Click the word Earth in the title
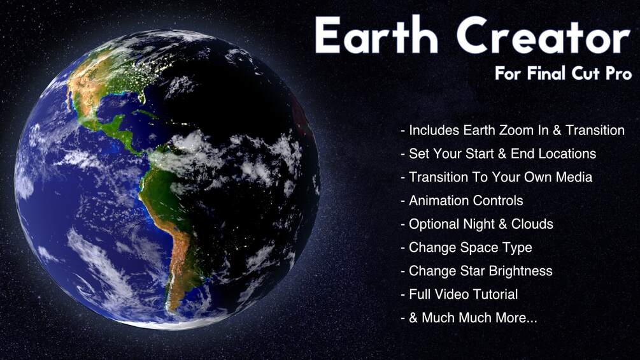tap(376, 36)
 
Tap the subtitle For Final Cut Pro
tap(563, 74)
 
